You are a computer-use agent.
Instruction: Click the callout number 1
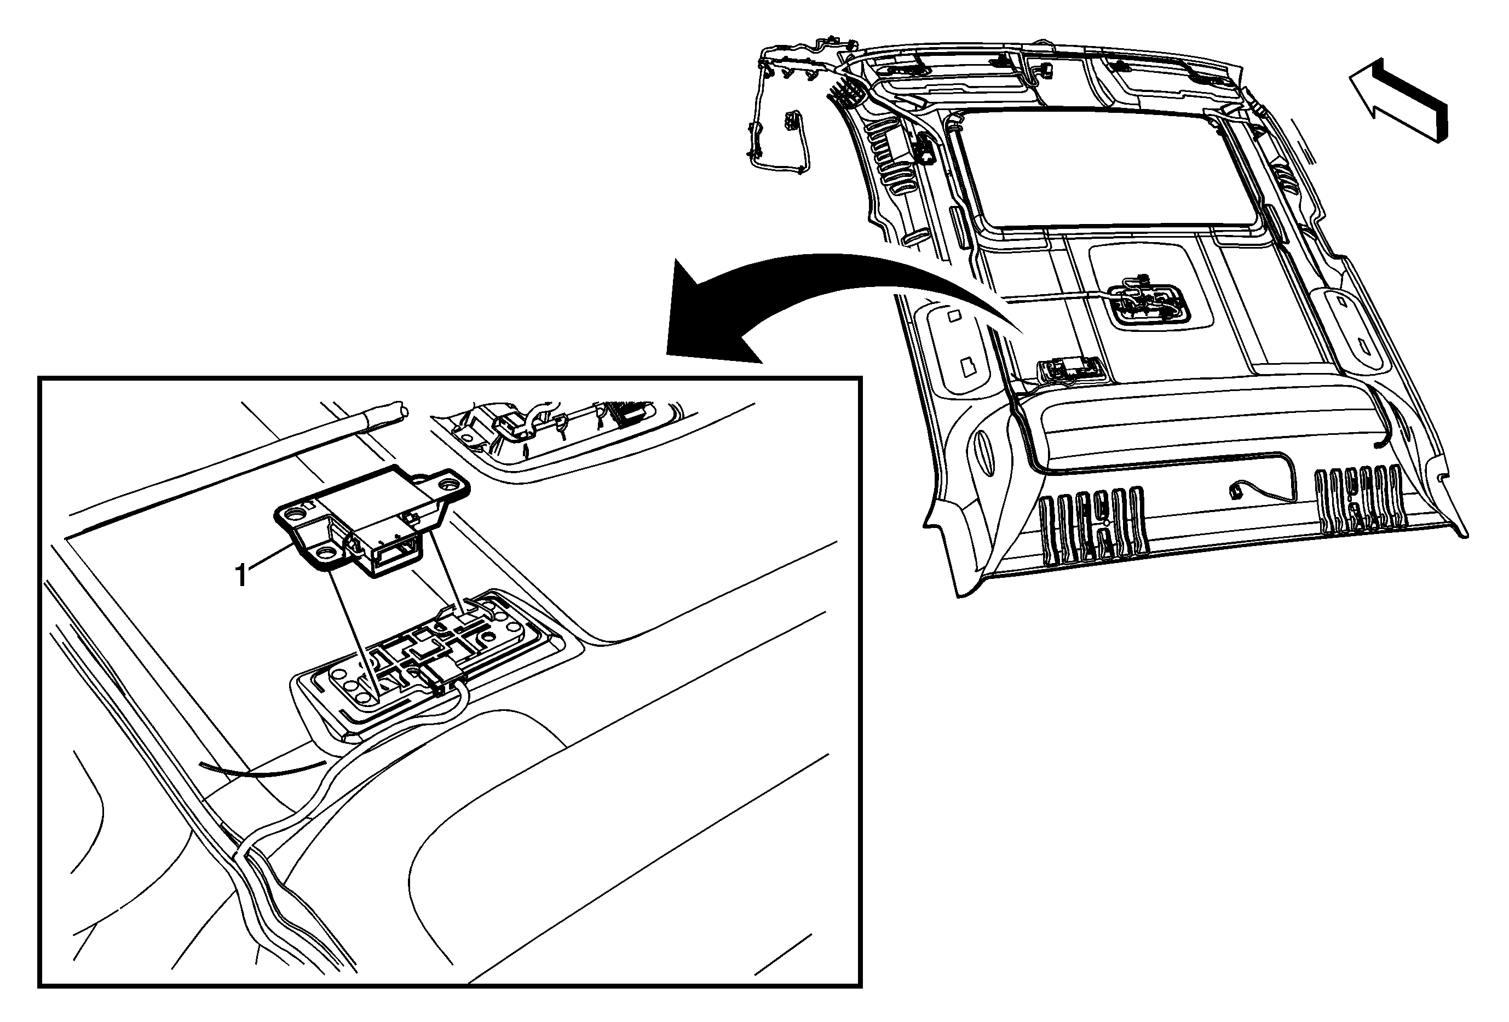pos(241,575)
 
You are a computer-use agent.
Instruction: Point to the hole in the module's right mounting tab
pos(448,484)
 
